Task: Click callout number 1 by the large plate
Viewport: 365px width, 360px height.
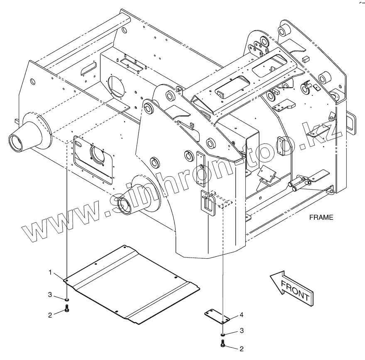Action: point(50,272)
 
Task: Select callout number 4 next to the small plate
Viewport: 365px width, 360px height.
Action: point(241,315)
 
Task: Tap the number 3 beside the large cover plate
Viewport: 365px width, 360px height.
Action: point(49,295)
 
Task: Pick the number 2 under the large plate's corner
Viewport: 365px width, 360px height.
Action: point(50,315)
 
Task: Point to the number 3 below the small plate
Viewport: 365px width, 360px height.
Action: point(241,330)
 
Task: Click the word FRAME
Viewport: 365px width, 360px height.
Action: point(321,217)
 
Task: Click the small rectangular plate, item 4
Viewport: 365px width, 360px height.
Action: point(218,316)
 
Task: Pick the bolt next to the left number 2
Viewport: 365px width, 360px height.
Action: point(67,309)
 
